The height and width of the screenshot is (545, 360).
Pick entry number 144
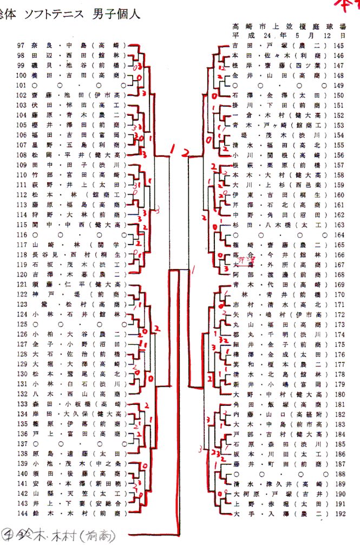(21, 511)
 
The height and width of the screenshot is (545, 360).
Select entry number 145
(339, 46)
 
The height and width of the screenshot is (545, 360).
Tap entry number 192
(339, 511)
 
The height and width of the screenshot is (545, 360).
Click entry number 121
(21, 284)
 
